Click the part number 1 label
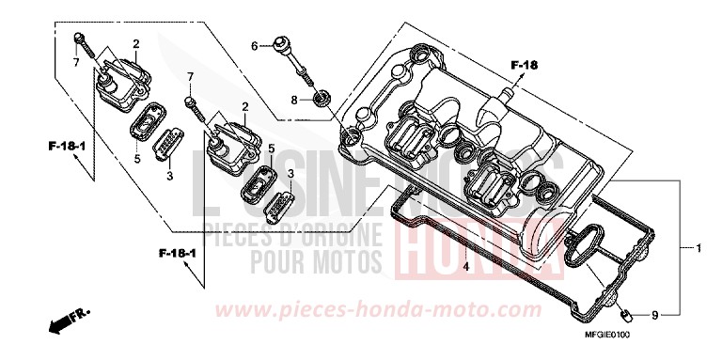[698, 249]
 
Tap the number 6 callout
[254, 45]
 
